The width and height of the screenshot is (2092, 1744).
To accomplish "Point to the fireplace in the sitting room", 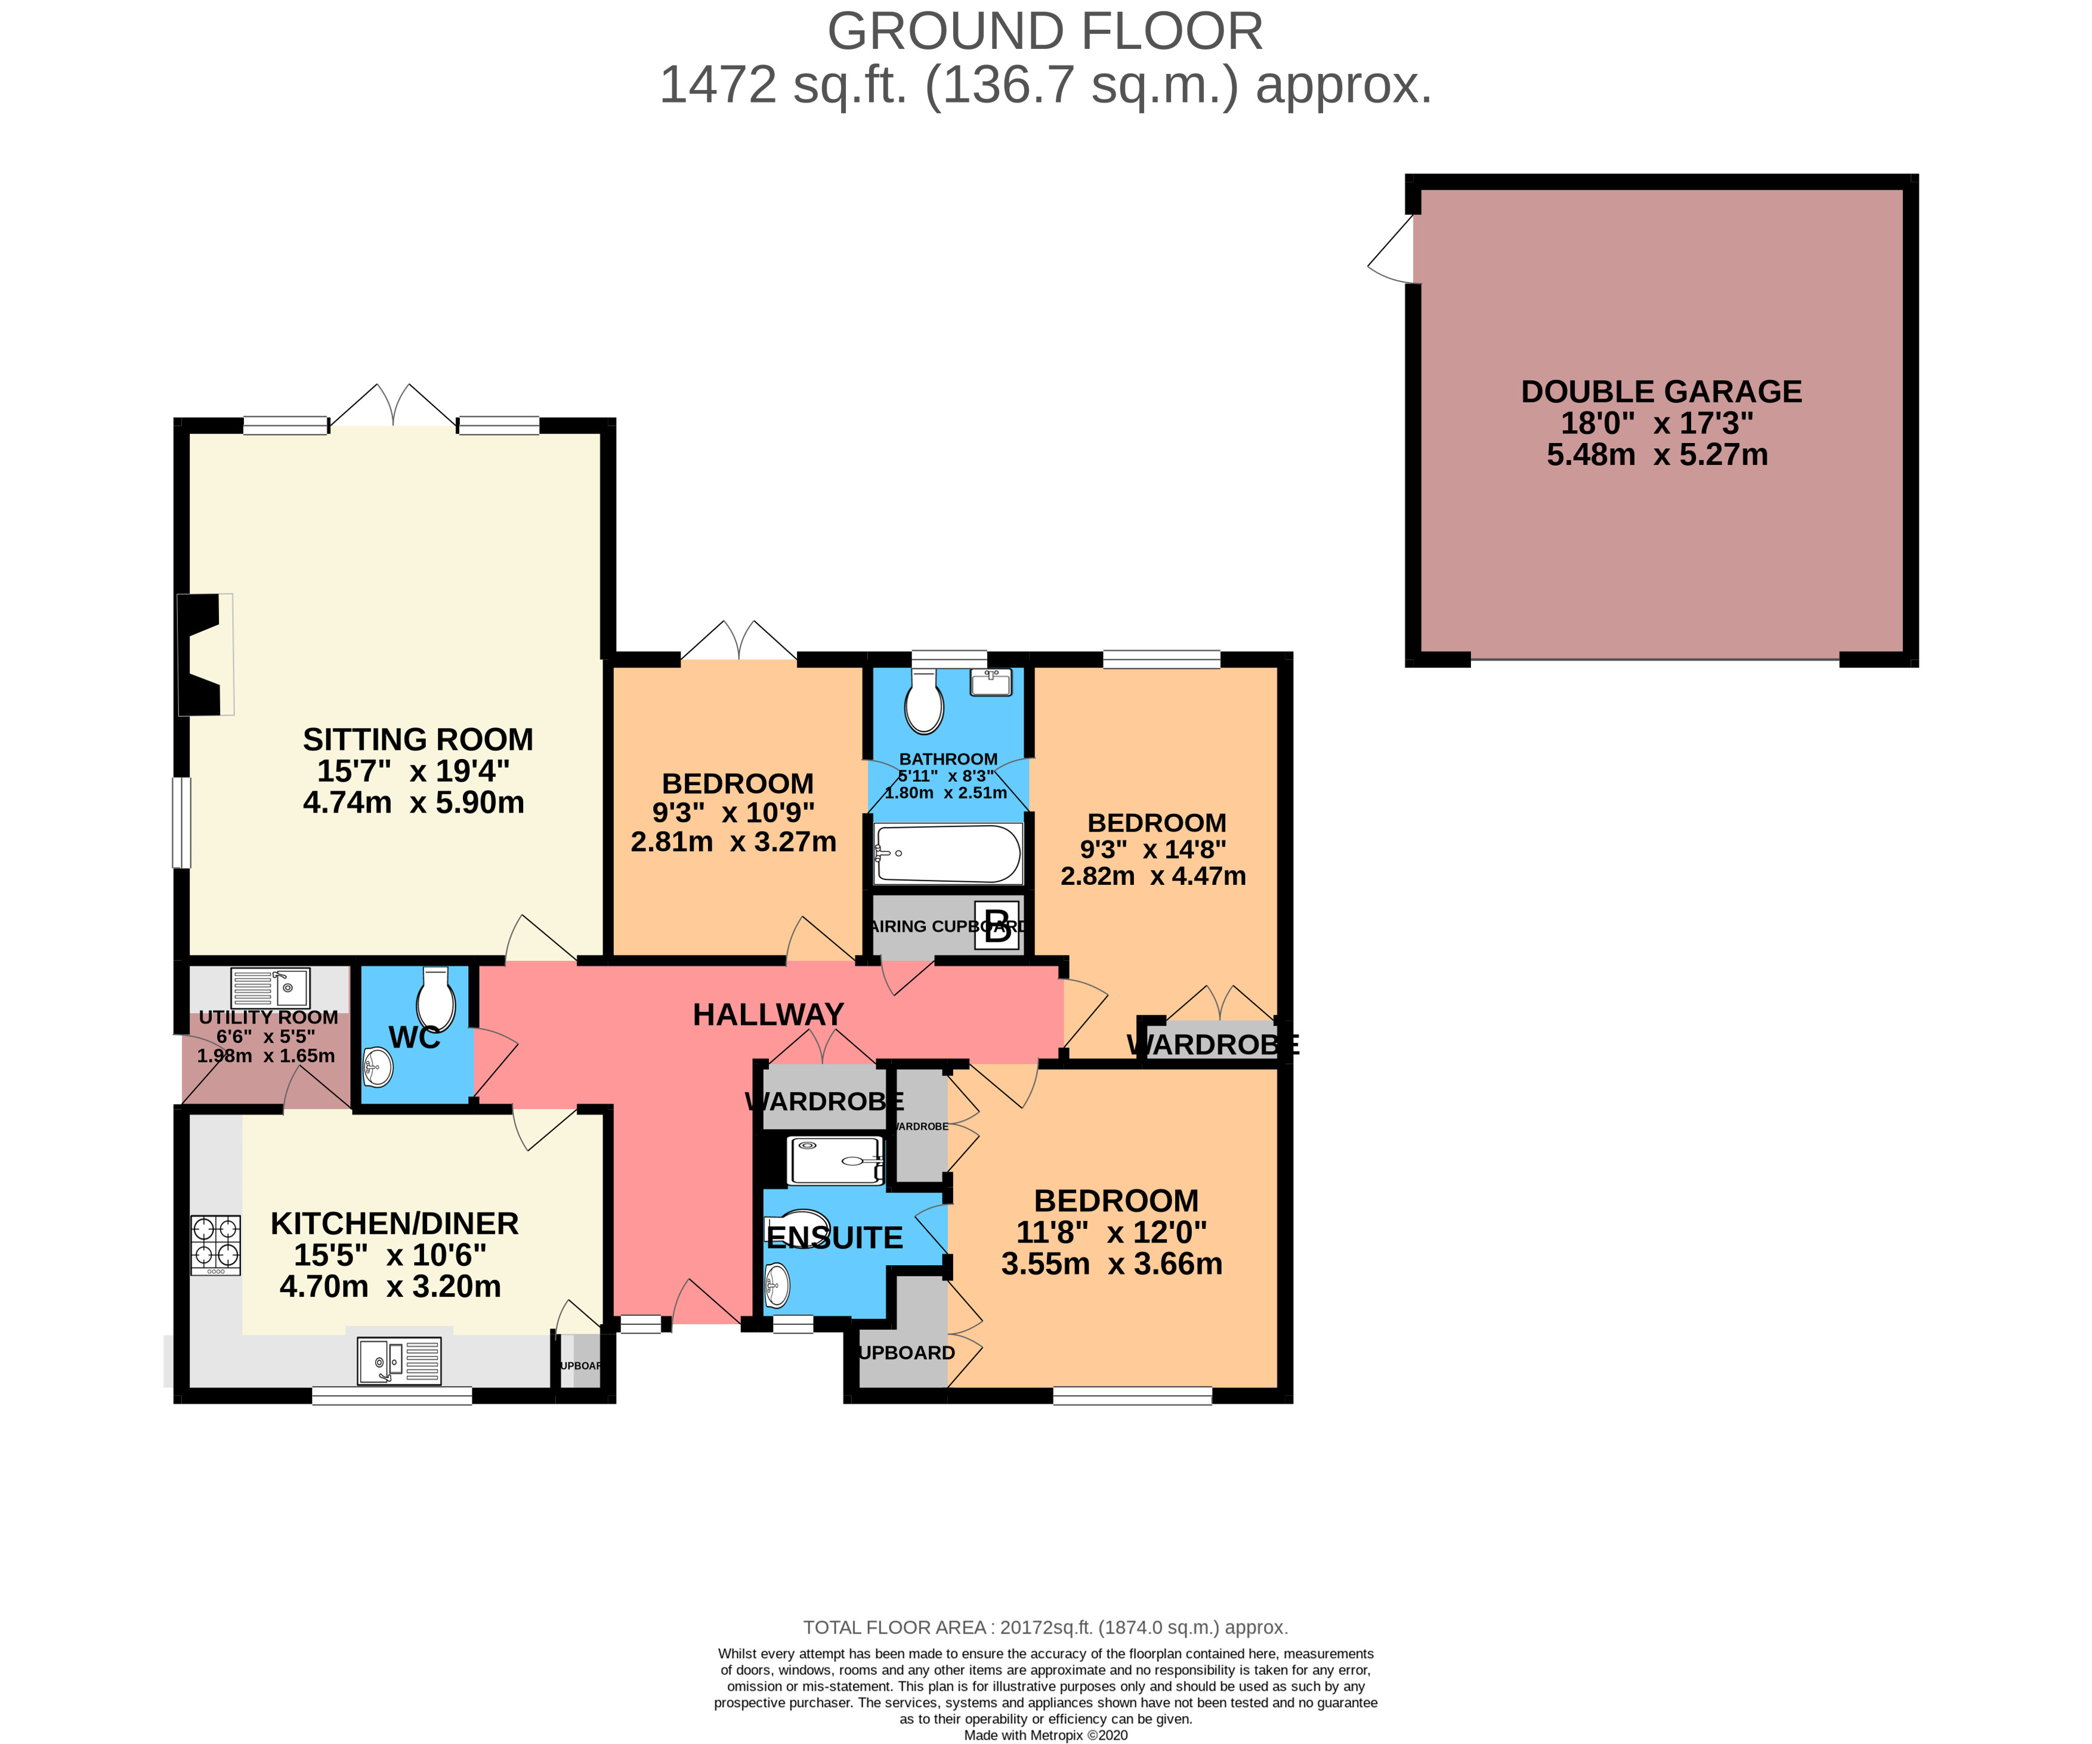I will click(x=202, y=655).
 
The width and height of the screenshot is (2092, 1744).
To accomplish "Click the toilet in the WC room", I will click(x=435, y=999).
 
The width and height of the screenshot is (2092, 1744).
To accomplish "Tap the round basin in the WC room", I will click(x=378, y=1068).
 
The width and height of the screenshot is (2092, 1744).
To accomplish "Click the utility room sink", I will click(x=270, y=988).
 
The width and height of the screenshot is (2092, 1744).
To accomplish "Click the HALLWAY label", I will click(x=768, y=1015).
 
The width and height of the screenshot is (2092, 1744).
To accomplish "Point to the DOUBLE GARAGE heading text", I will click(x=1661, y=391).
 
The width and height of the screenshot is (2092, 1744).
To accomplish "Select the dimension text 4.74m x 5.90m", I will click(x=413, y=803).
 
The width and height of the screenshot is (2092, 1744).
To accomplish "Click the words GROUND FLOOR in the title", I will click(x=1045, y=32).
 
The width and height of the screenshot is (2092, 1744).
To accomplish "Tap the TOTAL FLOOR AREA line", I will click(x=1045, y=1628).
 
